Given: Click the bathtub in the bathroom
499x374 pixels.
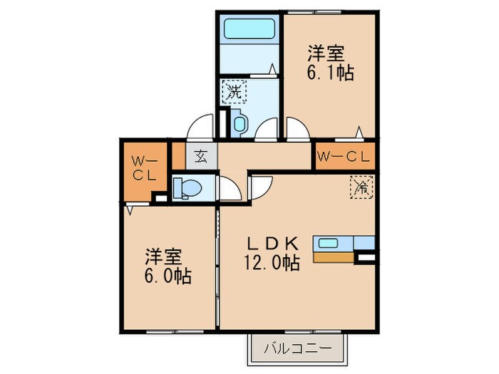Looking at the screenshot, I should [249, 29].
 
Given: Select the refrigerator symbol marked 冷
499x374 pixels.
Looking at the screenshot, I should [361, 189].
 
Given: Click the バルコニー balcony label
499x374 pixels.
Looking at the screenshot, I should [297, 349].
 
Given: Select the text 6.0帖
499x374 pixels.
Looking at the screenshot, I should [168, 276].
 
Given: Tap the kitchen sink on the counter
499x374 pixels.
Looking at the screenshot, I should [329, 243].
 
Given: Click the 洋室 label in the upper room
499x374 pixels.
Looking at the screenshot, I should [326, 53].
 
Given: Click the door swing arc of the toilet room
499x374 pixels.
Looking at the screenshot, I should [230, 188].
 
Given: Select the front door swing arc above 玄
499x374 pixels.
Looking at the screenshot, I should [201, 128].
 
